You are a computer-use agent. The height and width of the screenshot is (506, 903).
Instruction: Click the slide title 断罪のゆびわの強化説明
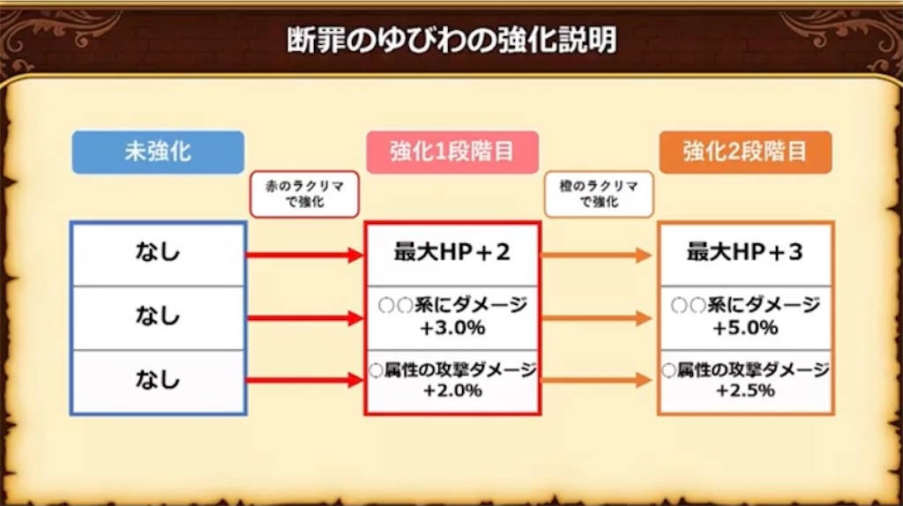tap(451, 41)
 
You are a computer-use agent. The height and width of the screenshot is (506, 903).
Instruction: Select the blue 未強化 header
tap(158, 152)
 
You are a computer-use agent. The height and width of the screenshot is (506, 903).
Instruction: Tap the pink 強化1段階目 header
tap(452, 152)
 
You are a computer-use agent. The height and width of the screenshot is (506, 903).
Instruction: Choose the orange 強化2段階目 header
tap(745, 152)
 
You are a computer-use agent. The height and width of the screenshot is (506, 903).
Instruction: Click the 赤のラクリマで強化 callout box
tap(304, 194)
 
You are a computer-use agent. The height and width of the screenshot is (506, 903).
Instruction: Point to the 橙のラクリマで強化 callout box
tap(599, 194)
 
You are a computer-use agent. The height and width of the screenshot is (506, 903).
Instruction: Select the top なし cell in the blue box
tap(158, 254)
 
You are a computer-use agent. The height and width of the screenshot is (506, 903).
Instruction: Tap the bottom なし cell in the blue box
tap(158, 381)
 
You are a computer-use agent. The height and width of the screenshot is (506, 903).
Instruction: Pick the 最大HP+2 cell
tap(452, 254)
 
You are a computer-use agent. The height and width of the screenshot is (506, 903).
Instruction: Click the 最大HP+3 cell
tap(745, 254)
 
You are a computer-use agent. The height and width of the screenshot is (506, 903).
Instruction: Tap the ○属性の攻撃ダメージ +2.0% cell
tap(452, 381)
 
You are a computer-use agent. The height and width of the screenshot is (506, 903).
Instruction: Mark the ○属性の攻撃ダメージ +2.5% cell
tap(745, 381)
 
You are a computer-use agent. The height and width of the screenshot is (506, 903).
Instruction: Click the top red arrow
tap(304, 256)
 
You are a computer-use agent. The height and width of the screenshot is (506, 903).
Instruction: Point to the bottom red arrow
tap(304, 381)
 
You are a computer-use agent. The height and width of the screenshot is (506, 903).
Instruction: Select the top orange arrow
tap(597, 256)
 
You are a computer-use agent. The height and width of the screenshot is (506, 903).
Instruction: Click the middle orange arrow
tap(597, 318)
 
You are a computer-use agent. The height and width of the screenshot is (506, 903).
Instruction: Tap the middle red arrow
tap(304, 318)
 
